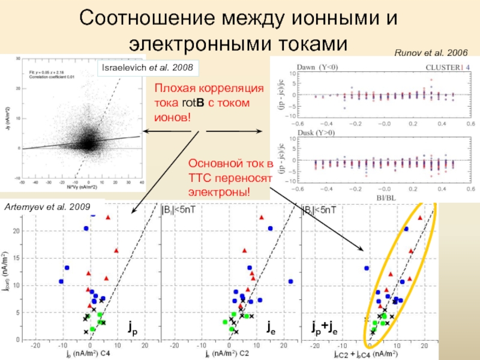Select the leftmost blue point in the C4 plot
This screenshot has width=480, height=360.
coord(61,281)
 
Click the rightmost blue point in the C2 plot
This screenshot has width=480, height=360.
coord(290,281)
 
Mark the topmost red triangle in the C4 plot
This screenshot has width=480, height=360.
coord(108,218)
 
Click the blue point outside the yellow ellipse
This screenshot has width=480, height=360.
coord(367,268)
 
